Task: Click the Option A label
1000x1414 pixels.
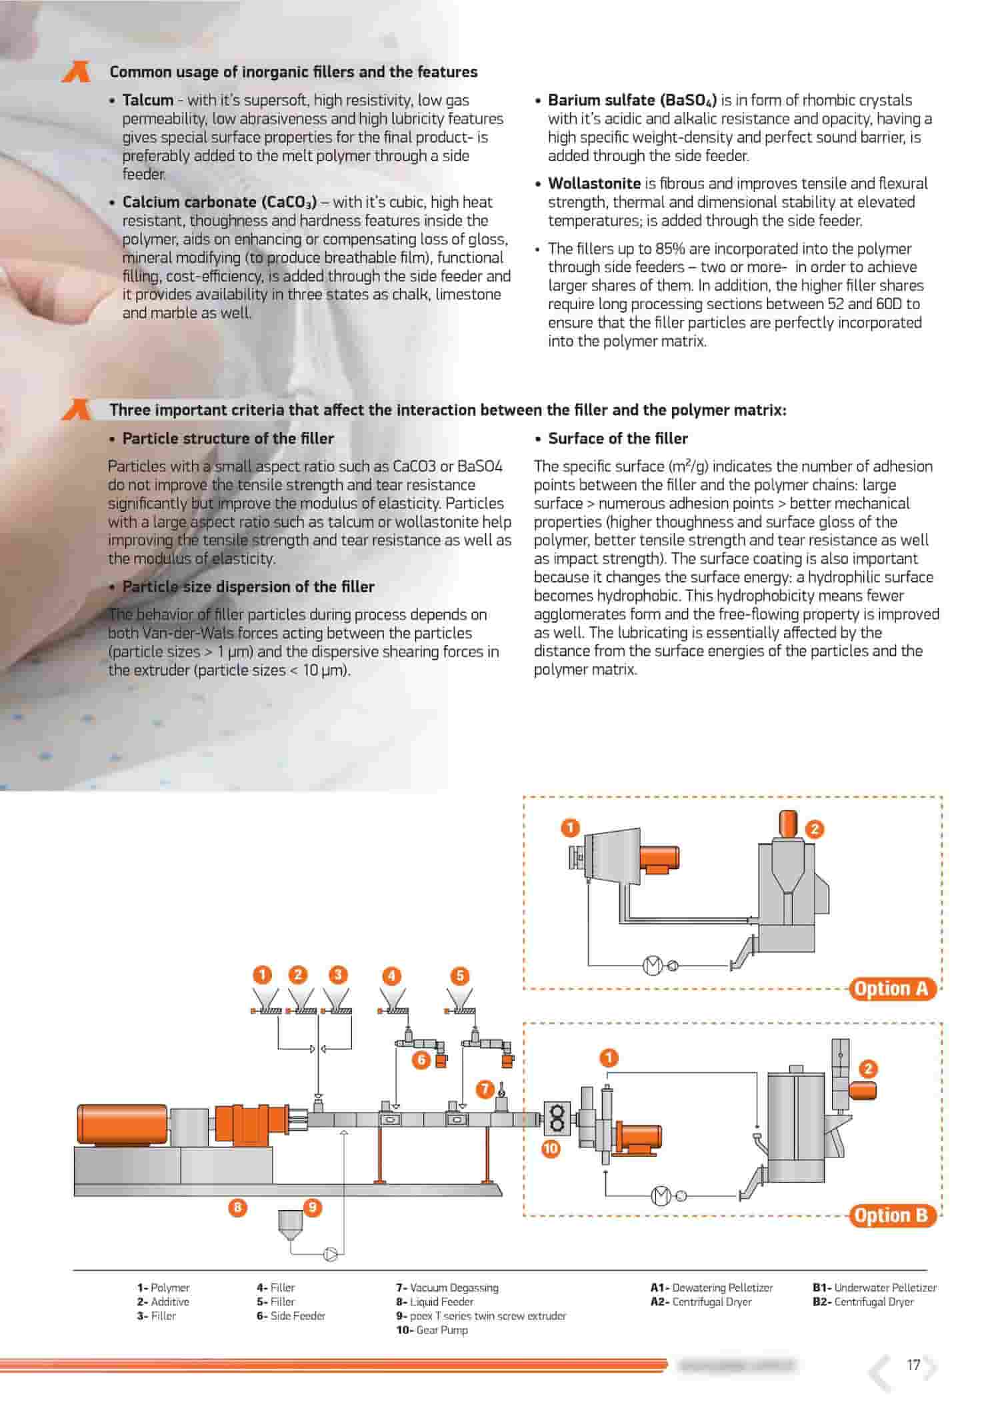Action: click(891, 988)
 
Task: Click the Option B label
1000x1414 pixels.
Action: click(891, 1215)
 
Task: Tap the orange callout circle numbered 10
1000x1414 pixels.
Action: click(551, 1148)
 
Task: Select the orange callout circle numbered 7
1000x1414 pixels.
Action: click(485, 1089)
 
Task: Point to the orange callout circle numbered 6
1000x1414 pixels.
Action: click(421, 1060)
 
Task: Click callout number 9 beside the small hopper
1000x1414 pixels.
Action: click(312, 1207)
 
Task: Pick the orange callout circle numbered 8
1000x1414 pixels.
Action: click(237, 1207)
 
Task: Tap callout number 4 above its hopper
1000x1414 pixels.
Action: click(391, 976)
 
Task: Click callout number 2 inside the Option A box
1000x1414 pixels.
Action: click(815, 829)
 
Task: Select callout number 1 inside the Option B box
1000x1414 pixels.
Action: click(609, 1058)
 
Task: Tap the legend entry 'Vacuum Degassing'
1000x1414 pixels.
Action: click(453, 1287)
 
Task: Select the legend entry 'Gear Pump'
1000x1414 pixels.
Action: click(441, 1329)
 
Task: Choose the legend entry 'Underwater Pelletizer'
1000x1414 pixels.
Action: click(884, 1287)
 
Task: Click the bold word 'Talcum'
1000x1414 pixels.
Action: click(147, 100)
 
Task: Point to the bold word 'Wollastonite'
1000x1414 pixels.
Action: click(594, 183)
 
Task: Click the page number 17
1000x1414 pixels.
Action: click(913, 1365)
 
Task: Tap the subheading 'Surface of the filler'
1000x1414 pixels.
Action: click(617, 438)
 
